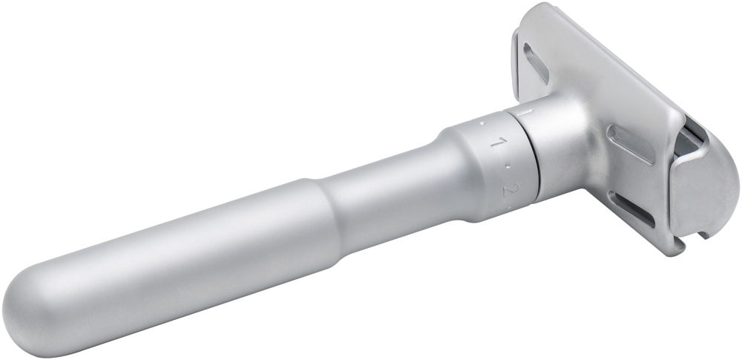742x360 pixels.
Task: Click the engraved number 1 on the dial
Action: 496,142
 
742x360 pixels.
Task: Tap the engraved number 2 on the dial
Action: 509,190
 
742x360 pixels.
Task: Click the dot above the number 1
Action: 482,123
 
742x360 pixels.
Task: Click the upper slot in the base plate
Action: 536,63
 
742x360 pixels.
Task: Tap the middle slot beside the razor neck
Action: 631,145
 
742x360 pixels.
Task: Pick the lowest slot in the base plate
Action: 631,209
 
